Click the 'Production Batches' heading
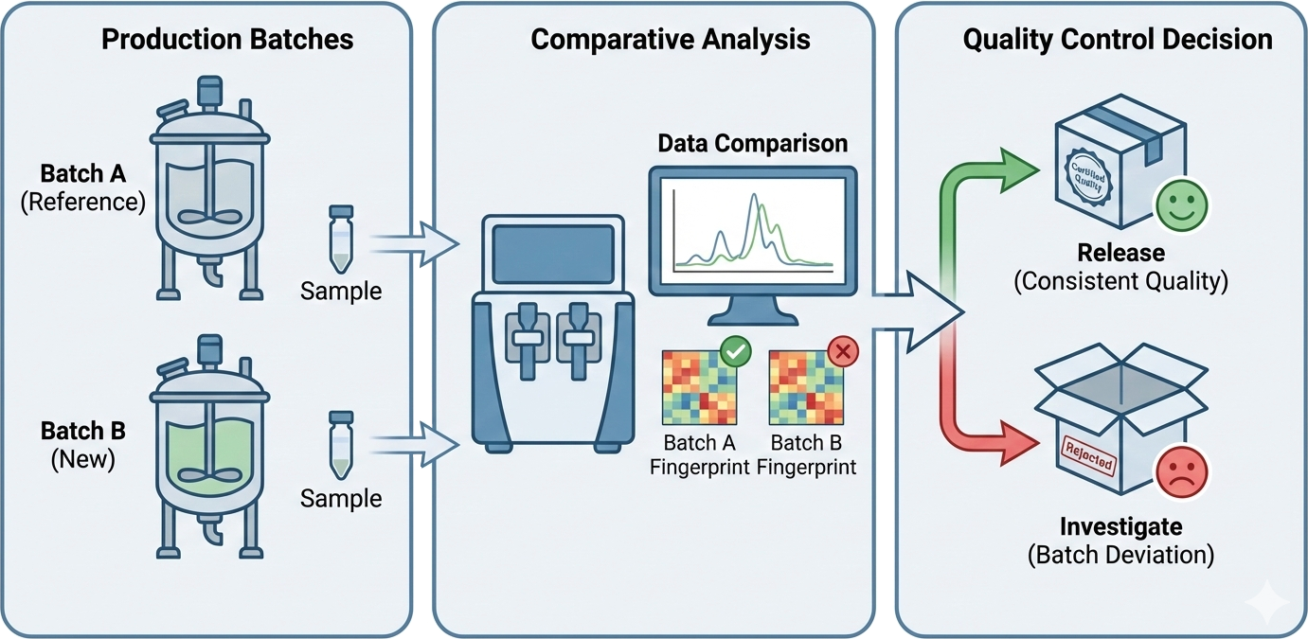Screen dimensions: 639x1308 tap(227, 39)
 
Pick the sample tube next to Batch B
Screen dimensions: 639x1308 tap(340, 445)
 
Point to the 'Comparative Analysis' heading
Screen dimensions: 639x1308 tap(671, 39)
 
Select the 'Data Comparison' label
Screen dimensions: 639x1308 tap(753, 144)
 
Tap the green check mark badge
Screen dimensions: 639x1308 tap(735, 352)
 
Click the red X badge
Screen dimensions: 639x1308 tap(843, 353)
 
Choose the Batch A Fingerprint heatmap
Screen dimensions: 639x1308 tap(700, 388)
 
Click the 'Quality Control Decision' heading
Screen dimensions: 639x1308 tap(1118, 39)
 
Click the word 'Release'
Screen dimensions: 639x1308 tap(1120, 254)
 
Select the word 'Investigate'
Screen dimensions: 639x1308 tap(1120, 526)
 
